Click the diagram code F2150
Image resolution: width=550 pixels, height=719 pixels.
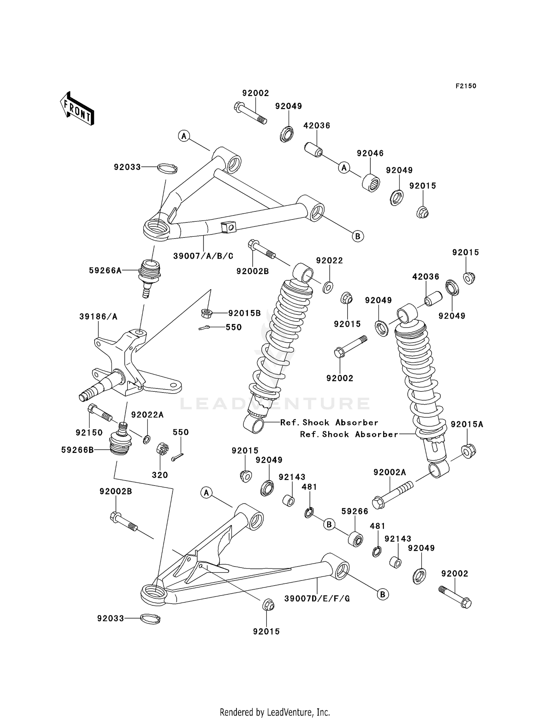coord(466,86)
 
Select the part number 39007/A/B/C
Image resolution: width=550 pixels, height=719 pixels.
coord(203,256)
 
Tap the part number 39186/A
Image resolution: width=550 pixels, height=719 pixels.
coord(98,317)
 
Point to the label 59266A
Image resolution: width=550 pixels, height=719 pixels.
coord(105,270)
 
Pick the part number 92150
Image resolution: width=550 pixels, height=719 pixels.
coord(89,432)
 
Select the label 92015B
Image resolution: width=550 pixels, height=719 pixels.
coord(244,313)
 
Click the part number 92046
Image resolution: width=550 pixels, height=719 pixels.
coord(370,153)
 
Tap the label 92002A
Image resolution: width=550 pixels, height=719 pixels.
coord(390,473)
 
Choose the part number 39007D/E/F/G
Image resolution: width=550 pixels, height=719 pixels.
coord(317,598)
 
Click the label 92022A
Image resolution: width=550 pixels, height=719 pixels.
coord(147,415)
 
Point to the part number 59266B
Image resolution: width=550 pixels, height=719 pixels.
coord(78,450)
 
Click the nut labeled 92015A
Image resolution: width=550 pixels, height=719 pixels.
coord(467,450)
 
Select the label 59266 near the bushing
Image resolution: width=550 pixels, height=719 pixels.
coord(355,511)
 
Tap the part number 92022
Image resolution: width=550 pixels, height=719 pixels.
coord(329,261)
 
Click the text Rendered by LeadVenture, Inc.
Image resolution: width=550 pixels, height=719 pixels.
coord(275,712)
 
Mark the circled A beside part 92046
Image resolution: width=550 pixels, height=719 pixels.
coord(344,167)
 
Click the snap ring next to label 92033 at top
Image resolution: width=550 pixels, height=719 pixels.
coord(168,169)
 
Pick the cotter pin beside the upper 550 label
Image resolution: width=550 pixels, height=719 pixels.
coord(204,328)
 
